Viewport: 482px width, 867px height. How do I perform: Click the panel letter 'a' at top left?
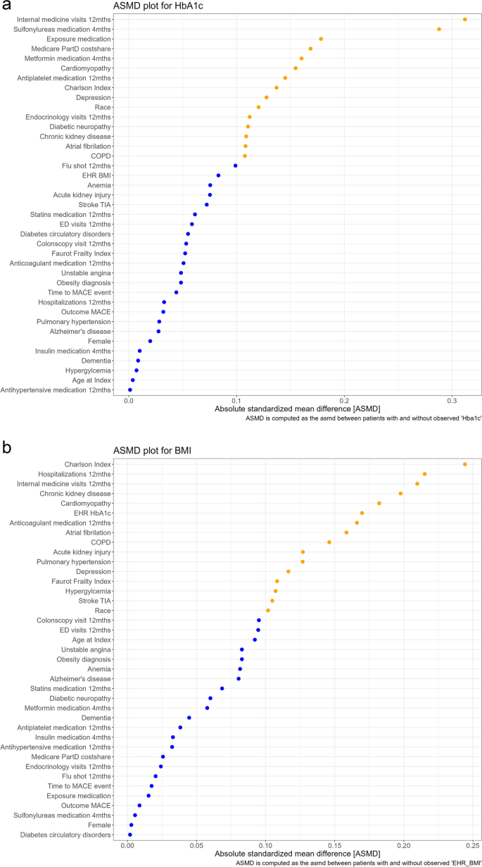click(6, 6)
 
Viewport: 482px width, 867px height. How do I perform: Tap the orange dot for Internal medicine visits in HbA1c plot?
click(465, 19)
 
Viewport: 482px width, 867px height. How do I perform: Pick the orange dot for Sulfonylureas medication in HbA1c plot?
click(439, 29)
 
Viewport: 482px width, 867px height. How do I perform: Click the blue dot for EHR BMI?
click(218, 175)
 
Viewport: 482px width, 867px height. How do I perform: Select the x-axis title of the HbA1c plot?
click(286, 409)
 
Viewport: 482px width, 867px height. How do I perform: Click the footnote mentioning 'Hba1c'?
click(363, 418)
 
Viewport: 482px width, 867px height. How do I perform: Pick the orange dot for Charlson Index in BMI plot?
click(465, 464)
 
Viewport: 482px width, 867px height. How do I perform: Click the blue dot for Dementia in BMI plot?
click(189, 718)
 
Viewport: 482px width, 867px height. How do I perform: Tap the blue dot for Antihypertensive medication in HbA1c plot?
click(129, 389)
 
